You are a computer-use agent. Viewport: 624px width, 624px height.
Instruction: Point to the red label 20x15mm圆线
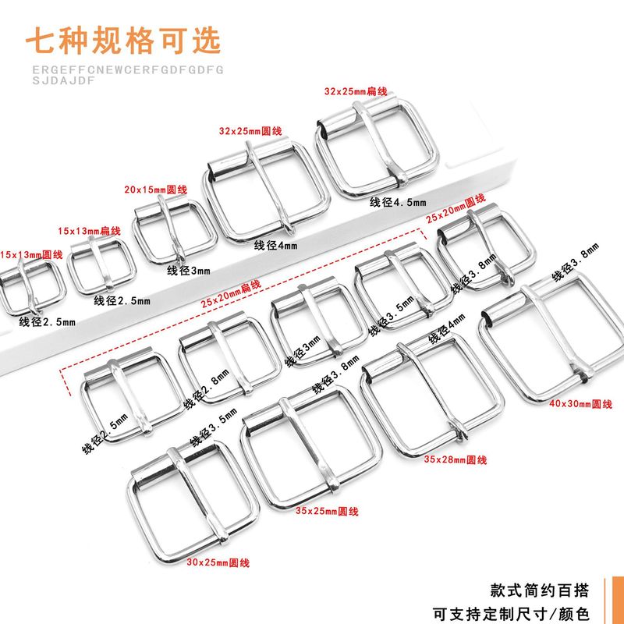(156, 190)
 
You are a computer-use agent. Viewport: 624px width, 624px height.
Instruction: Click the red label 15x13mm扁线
(90, 231)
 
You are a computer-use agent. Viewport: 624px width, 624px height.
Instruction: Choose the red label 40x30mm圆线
(581, 404)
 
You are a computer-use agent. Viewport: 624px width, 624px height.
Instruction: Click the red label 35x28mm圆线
(456, 460)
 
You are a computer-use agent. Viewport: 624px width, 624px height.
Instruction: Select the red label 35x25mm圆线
(327, 511)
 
